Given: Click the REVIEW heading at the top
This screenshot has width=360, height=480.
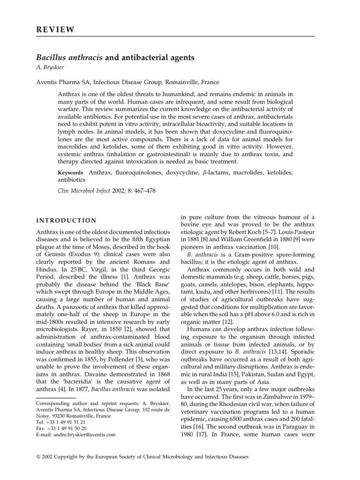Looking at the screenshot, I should [55, 30].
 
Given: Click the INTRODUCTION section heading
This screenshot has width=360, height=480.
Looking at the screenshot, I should [67, 220].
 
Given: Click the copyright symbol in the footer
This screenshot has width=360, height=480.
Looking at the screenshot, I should [38, 457].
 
